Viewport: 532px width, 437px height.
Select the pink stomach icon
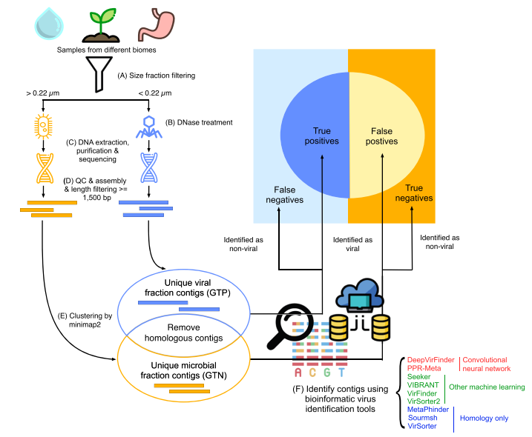[153, 22]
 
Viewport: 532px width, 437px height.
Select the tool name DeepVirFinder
[430, 359]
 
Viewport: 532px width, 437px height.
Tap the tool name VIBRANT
[424, 384]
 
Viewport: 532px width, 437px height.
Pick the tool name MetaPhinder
[430, 410]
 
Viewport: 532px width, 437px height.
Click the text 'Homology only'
[485, 418]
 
